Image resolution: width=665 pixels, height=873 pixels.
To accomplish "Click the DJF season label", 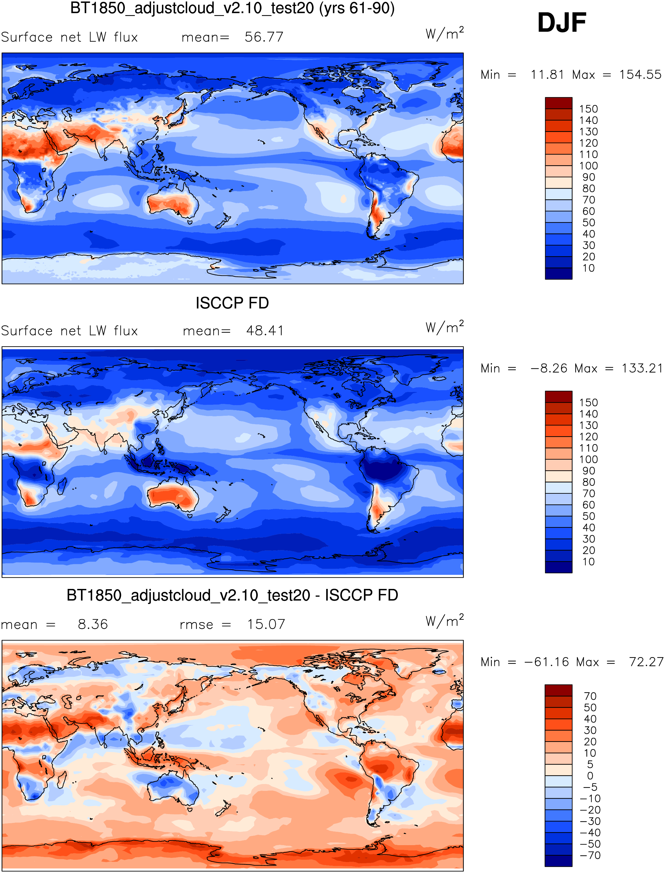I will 561,23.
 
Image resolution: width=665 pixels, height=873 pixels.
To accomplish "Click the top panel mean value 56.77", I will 264,37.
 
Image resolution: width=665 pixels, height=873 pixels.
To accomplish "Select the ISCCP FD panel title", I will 232,303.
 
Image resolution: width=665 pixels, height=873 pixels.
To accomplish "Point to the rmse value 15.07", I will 266,625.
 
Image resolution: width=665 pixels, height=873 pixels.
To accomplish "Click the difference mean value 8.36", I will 93,625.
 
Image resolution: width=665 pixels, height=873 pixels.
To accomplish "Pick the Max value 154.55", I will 640,75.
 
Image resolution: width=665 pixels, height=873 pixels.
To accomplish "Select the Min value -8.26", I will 548,368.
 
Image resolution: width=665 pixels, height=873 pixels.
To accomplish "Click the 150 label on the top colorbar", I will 588,109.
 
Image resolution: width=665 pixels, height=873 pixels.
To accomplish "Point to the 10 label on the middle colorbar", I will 588,562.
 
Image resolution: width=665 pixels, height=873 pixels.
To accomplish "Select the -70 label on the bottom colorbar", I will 590,855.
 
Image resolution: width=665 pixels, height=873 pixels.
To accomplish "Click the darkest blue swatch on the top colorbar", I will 559,273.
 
